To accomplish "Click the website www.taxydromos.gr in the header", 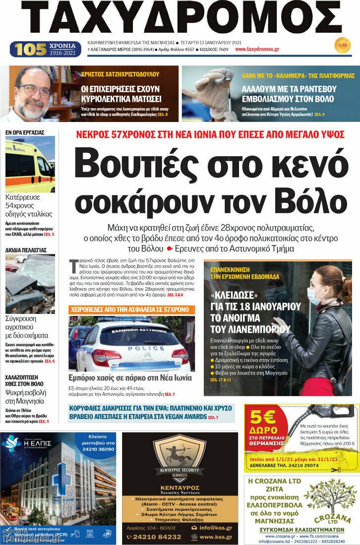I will [x=257, y=50].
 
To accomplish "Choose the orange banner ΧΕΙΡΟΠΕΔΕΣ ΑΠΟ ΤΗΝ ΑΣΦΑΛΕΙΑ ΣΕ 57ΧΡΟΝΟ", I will [x=131, y=309].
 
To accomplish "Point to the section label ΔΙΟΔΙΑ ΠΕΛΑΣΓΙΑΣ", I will [x=26, y=250].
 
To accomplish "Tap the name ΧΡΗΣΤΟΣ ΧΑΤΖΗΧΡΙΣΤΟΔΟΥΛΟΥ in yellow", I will [x=120, y=74].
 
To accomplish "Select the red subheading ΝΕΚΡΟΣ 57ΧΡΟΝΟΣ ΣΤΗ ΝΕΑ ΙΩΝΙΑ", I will [x=210, y=134].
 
